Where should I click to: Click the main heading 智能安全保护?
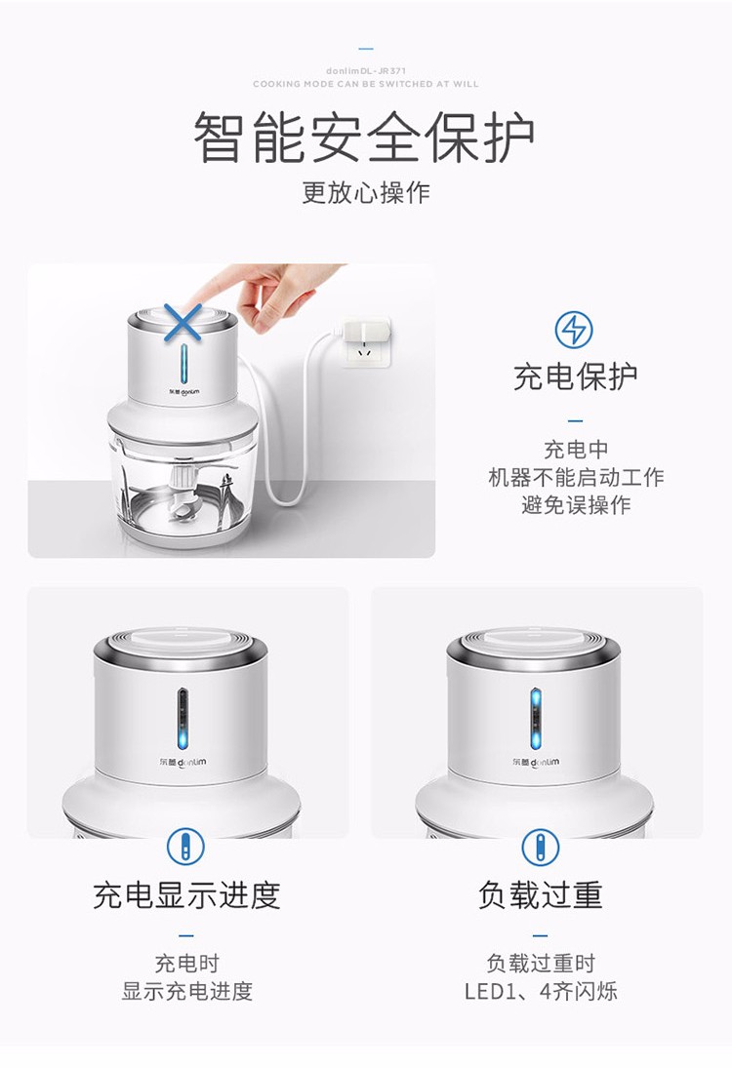[x=365, y=137]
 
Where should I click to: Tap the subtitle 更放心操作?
[x=366, y=193]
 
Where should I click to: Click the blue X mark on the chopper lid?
[x=183, y=322]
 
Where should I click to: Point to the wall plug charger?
[x=366, y=339]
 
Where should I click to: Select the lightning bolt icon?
[x=573, y=331]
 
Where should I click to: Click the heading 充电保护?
[x=575, y=377]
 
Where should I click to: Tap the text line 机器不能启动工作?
[x=576, y=478]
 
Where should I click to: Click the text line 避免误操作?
[x=576, y=505]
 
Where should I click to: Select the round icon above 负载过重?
[x=540, y=848]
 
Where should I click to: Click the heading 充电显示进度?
[x=186, y=895]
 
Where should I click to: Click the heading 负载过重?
[x=540, y=895]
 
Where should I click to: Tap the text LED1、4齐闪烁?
[x=541, y=991]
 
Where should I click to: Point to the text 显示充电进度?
[x=186, y=991]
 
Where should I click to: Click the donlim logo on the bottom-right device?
[x=536, y=762]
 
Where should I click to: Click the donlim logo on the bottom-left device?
[x=182, y=762]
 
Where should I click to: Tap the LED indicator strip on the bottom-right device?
[x=536, y=718]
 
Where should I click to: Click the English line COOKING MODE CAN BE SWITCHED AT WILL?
[x=365, y=84]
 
